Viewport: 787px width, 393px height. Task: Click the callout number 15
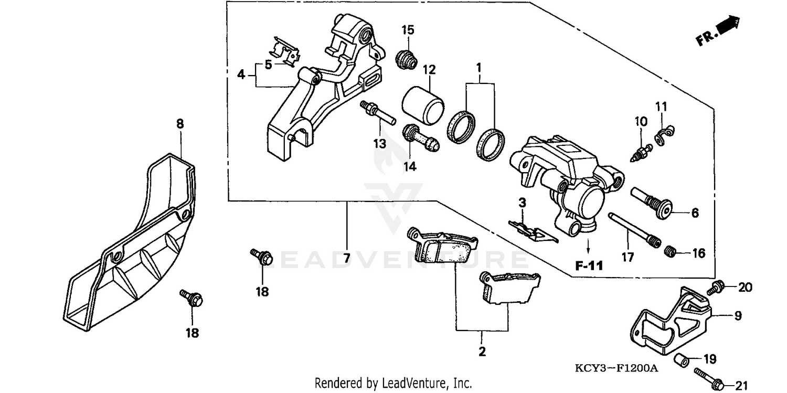tap(408, 30)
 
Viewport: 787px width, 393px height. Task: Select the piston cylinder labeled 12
tap(423, 103)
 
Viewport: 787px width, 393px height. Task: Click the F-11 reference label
tap(589, 265)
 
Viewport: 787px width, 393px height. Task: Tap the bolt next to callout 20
tap(716, 288)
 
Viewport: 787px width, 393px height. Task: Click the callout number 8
tap(180, 124)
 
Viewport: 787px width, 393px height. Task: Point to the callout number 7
tap(346, 258)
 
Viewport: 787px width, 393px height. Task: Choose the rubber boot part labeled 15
tap(405, 59)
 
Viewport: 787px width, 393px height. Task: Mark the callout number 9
tap(738, 316)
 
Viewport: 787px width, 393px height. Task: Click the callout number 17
tap(628, 257)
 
